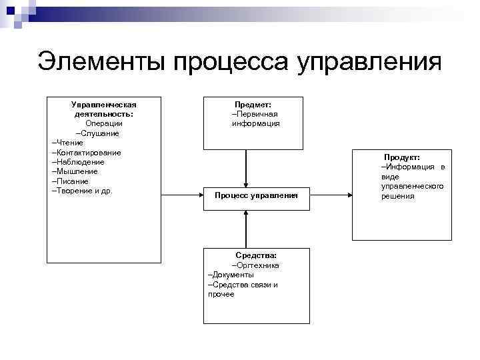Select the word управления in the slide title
(371, 62)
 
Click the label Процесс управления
(256, 195)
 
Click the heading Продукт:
(401, 157)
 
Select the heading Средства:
(256, 255)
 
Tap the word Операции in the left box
(103, 123)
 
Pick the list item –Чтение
(67, 143)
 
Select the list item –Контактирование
(86, 153)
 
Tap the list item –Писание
(70, 181)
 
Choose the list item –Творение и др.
(82, 191)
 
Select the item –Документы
(231, 275)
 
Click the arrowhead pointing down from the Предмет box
(247, 184)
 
